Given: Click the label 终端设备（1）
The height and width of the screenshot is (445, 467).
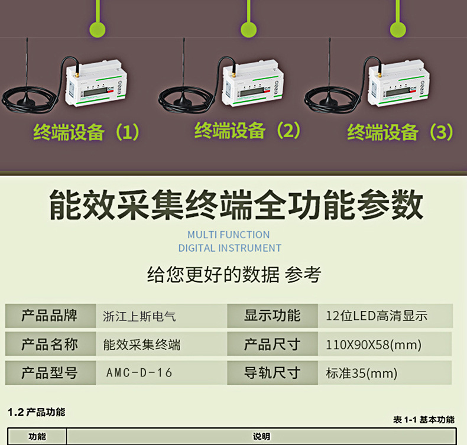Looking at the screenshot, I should [x=86, y=132].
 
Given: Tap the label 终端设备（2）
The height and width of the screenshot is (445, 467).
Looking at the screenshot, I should [x=247, y=130].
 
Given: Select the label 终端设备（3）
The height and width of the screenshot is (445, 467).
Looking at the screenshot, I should [x=400, y=132].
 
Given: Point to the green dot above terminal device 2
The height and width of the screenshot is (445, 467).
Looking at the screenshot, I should [x=249, y=28].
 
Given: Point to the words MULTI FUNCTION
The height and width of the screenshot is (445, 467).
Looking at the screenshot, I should [x=228, y=235].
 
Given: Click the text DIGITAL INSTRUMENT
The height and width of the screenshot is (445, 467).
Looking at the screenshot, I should [x=229, y=248].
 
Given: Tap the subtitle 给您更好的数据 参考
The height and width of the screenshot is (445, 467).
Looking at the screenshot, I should [x=234, y=275].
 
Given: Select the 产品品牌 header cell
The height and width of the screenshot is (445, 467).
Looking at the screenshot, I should [x=50, y=316].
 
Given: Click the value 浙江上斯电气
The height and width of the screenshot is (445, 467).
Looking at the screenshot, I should [x=140, y=316].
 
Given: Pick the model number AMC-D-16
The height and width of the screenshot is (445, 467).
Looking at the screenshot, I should [x=140, y=373].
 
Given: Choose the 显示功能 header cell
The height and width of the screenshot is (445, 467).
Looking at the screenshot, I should [x=272, y=316].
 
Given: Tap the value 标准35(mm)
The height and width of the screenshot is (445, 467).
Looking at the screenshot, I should [x=361, y=373].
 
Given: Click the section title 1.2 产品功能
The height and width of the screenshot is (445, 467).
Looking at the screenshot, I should [x=36, y=412].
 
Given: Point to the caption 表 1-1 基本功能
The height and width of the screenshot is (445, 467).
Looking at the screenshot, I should [x=423, y=420].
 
